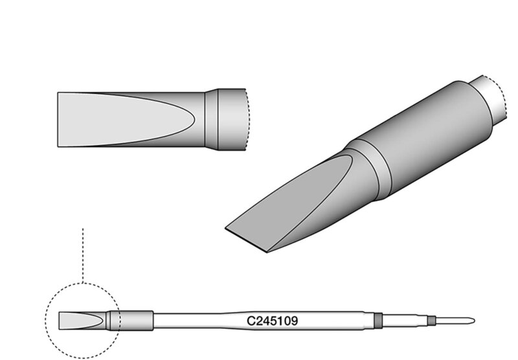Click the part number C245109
(x=272, y=321)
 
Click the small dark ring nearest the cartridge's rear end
(x=431, y=321)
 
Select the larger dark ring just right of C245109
(x=378, y=321)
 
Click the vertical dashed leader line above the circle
(x=83, y=255)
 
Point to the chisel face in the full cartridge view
(x=79, y=321)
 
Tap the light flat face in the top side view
(x=126, y=120)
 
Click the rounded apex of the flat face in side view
(x=194, y=120)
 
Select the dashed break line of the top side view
(x=248, y=120)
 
